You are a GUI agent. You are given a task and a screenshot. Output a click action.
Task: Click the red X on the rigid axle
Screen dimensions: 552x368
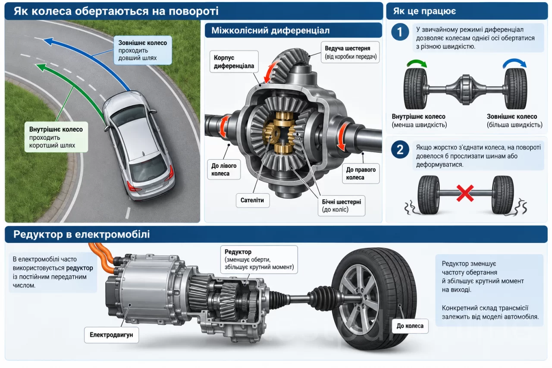(x=465, y=193)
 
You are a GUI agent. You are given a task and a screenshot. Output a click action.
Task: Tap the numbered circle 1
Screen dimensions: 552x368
(x=400, y=32)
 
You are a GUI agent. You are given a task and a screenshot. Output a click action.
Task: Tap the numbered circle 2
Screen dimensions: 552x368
(x=400, y=150)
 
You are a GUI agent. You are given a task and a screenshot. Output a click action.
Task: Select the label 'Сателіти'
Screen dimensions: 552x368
(x=253, y=200)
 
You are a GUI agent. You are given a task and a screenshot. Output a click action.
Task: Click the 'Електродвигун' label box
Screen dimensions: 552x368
(x=111, y=335)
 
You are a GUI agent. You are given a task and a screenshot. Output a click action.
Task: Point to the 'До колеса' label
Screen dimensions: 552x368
(x=410, y=326)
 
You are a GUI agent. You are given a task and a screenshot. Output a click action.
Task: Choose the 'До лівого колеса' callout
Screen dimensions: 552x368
(x=224, y=170)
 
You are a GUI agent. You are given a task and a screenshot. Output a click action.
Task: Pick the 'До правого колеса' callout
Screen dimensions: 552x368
(x=361, y=173)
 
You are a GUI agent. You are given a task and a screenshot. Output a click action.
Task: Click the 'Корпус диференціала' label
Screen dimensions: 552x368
(x=234, y=62)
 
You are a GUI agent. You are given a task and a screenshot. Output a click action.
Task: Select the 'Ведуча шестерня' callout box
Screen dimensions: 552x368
(x=350, y=52)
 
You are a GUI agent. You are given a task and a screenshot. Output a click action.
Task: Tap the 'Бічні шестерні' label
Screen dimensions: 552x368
(x=341, y=206)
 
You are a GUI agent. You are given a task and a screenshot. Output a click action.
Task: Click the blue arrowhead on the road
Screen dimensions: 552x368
(x=49, y=41)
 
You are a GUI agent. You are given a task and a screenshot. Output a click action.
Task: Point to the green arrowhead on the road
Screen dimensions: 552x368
(x=41, y=68)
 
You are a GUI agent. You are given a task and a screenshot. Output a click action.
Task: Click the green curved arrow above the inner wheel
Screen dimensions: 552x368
(x=417, y=63)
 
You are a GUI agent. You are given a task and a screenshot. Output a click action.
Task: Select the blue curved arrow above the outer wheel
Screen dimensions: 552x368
(x=514, y=62)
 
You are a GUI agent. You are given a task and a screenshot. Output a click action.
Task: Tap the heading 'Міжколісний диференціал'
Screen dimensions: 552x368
(x=270, y=31)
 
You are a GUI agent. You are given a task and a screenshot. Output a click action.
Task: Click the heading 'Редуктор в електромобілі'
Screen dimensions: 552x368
(x=82, y=234)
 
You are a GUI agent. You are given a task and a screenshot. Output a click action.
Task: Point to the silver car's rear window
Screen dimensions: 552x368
(x=148, y=168)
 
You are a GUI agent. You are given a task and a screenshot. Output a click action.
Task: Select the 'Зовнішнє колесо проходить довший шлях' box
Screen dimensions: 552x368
(x=143, y=50)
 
